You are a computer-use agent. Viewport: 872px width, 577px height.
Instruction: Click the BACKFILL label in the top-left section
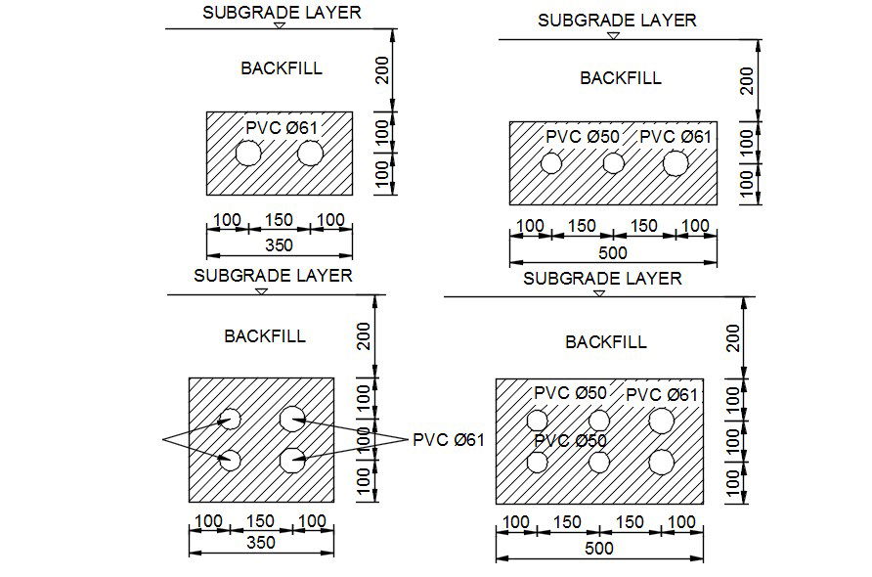(282, 68)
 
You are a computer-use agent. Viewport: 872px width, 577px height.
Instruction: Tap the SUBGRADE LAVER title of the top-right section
(617, 20)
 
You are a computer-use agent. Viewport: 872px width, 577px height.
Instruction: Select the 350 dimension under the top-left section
(280, 244)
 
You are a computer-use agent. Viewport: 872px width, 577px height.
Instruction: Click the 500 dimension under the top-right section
(612, 253)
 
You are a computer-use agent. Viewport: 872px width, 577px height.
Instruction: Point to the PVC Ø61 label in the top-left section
(282, 127)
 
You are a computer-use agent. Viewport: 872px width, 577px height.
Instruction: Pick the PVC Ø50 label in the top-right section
(583, 137)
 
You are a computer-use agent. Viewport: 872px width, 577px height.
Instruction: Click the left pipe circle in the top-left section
(248, 155)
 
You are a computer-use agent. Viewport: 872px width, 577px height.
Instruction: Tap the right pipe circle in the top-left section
(311, 155)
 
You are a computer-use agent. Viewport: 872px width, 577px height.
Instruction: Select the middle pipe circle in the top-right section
(613, 163)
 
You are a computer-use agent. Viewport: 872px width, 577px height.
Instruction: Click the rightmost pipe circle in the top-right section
(675, 163)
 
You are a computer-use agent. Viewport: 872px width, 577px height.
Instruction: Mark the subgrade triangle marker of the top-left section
(280, 25)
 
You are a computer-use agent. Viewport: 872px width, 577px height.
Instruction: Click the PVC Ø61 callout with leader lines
(449, 439)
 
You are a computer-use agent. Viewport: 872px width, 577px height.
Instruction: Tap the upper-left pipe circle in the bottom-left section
(230, 420)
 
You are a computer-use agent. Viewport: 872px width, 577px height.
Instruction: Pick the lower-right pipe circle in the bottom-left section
(292, 459)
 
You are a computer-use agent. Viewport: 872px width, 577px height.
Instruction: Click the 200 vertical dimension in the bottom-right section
(736, 339)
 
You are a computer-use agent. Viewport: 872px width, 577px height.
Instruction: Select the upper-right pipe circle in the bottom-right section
(661, 421)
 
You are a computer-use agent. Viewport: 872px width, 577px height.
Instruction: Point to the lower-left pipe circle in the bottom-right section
(537, 463)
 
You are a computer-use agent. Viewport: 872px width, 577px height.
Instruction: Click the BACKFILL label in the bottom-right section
(606, 342)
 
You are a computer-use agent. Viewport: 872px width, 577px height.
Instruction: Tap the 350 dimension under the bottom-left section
(261, 542)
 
